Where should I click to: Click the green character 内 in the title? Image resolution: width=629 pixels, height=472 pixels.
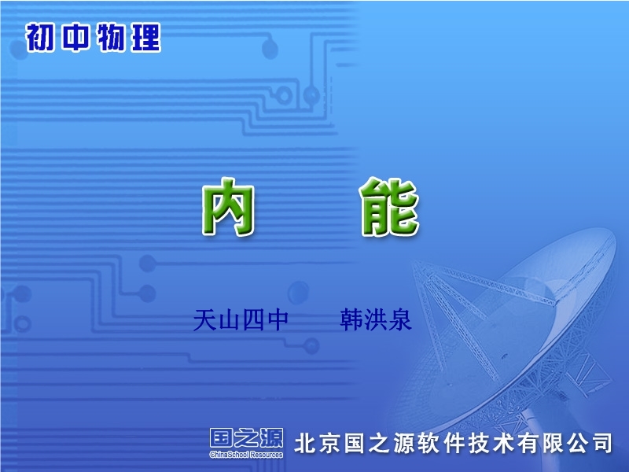tap(228, 206)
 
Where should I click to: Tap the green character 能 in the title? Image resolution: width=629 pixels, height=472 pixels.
tap(389, 206)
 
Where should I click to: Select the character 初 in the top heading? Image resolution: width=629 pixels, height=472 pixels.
tap(41, 37)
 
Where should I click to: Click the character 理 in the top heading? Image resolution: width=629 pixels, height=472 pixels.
tap(146, 37)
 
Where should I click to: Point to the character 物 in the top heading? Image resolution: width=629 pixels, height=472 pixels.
tap(111, 37)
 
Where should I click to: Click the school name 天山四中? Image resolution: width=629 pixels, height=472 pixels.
tap(241, 320)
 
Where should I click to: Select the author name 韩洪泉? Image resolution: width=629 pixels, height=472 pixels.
tap(376, 320)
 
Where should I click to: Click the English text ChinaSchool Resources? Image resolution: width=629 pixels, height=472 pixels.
tap(246, 455)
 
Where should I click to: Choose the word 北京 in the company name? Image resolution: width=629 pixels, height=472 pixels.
tap(318, 444)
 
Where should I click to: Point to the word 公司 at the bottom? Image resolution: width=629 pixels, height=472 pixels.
tap(590, 444)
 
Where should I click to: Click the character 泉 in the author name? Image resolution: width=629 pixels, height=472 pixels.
tap(400, 320)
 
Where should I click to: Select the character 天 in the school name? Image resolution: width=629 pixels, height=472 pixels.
tap(204, 320)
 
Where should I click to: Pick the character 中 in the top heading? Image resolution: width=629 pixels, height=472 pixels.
tap(75, 37)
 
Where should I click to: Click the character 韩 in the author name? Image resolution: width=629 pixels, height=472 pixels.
tap(351, 320)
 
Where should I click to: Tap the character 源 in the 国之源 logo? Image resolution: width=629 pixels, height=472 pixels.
tap(271, 438)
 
